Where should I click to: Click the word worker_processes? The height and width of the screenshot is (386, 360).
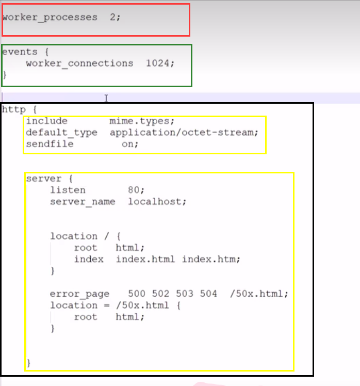(50, 17)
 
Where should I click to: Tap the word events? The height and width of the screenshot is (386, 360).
(20, 52)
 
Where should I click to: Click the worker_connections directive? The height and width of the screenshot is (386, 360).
(79, 63)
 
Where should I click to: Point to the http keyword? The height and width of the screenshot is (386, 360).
(13, 109)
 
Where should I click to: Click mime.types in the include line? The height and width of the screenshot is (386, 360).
(142, 121)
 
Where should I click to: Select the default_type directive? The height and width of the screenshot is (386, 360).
(61, 132)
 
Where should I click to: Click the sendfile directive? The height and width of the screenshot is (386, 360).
(50, 143)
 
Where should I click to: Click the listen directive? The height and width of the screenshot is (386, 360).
(68, 190)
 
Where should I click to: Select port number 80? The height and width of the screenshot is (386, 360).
(134, 190)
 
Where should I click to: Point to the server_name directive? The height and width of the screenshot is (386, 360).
(83, 201)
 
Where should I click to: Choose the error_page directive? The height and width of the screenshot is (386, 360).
(79, 294)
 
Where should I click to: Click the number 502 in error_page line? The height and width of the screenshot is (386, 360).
(161, 294)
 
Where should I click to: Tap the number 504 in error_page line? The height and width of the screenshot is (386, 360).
(208, 294)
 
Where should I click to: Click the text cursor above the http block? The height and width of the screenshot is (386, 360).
(106, 98)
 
